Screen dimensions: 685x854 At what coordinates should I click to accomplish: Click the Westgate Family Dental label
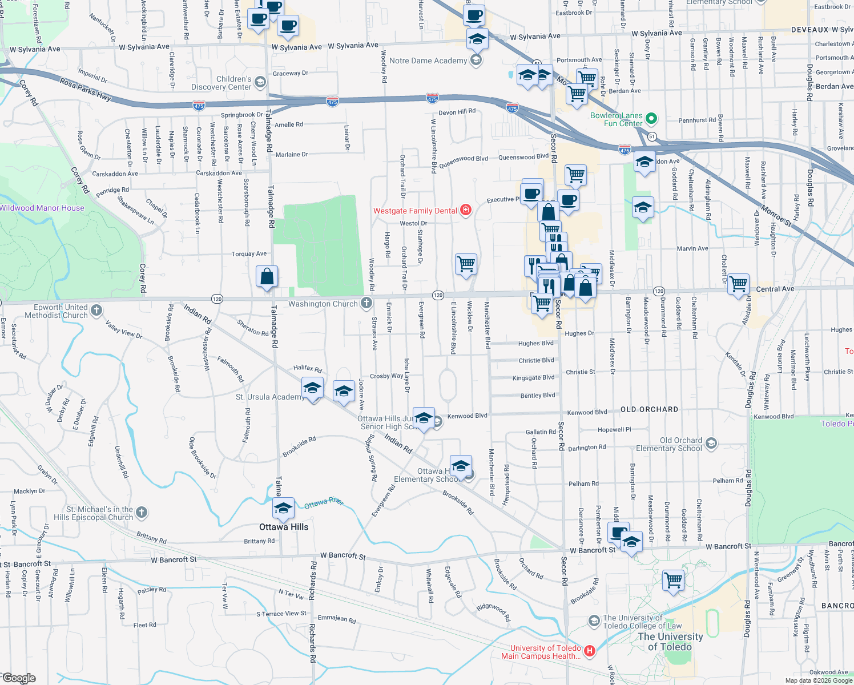tap(415, 211)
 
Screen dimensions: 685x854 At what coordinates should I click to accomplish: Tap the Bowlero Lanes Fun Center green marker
tap(651, 119)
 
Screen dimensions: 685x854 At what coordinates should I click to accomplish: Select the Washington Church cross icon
tap(366, 303)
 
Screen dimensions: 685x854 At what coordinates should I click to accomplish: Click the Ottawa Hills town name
tap(284, 527)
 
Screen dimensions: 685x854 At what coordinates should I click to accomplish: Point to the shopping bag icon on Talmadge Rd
tap(267, 277)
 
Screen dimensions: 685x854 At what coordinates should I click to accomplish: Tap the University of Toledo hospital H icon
tap(590, 651)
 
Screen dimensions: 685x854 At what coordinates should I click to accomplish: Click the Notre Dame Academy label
tap(428, 61)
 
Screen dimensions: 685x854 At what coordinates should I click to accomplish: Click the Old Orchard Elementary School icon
tap(711, 444)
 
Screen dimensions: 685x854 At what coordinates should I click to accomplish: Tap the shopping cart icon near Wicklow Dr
tap(466, 264)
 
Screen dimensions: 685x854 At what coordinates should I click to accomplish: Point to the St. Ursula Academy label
tap(269, 397)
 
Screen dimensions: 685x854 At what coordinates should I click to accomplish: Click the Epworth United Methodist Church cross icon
tap(96, 311)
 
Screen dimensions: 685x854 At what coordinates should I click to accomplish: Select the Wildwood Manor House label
tap(42, 208)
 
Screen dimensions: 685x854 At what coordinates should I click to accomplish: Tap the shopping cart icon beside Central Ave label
tap(738, 283)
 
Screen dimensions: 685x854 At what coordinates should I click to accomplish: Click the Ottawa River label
tap(324, 502)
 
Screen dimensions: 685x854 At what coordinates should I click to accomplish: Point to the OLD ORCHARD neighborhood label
tap(649, 409)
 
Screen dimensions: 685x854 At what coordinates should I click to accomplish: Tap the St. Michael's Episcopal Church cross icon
tap(142, 513)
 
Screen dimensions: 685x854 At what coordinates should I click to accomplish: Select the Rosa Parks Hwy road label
tap(86, 89)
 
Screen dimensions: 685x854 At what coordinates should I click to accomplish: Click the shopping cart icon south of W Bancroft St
tap(673, 580)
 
